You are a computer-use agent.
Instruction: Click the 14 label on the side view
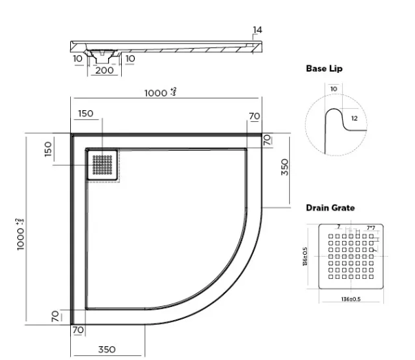pos(257,30)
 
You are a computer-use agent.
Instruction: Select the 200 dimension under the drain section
pos(104,70)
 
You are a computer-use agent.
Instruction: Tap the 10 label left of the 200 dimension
pos(78,59)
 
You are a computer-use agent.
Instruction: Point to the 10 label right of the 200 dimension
pos(131,59)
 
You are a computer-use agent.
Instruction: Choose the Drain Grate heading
pos(330,207)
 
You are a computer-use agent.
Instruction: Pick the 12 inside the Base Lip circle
pos(354,118)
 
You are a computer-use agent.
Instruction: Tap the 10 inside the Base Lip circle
pos(334,89)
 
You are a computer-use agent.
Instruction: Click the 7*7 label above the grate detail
pos(370,227)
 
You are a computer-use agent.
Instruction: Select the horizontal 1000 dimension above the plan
pos(160,93)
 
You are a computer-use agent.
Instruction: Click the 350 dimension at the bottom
pos(106,350)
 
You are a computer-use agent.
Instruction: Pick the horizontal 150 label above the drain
pos(86,114)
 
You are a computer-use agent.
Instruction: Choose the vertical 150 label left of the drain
pos(49,149)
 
